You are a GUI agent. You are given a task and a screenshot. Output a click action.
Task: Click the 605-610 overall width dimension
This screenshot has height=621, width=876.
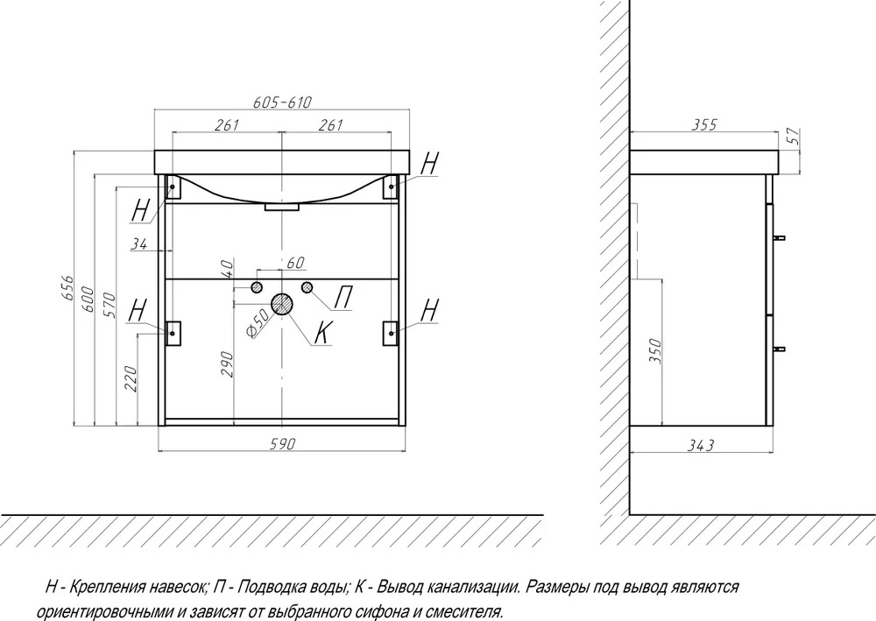click(282, 102)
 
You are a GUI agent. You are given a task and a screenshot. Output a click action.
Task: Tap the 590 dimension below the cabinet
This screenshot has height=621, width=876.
click(282, 443)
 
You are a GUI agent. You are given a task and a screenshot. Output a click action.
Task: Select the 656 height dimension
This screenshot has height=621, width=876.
click(67, 287)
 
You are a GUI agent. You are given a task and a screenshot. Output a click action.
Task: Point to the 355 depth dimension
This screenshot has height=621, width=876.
click(704, 124)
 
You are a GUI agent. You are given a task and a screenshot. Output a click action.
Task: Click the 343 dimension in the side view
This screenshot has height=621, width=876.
click(700, 445)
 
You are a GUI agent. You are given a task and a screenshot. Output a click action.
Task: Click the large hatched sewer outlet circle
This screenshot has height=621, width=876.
click(283, 304)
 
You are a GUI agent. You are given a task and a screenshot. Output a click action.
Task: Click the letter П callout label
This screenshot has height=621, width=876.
click(343, 297)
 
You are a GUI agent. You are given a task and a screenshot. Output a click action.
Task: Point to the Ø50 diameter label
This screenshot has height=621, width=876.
click(258, 324)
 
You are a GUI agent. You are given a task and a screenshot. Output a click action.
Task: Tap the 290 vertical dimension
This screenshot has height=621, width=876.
click(227, 363)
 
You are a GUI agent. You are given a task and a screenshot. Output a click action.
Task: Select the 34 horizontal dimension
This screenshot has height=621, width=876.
click(139, 243)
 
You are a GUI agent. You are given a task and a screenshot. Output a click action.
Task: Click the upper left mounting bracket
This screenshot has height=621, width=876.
click(173, 187)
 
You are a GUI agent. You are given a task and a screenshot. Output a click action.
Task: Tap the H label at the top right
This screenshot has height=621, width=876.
click(429, 163)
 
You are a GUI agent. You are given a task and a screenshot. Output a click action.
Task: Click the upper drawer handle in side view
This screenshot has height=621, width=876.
click(779, 238)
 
